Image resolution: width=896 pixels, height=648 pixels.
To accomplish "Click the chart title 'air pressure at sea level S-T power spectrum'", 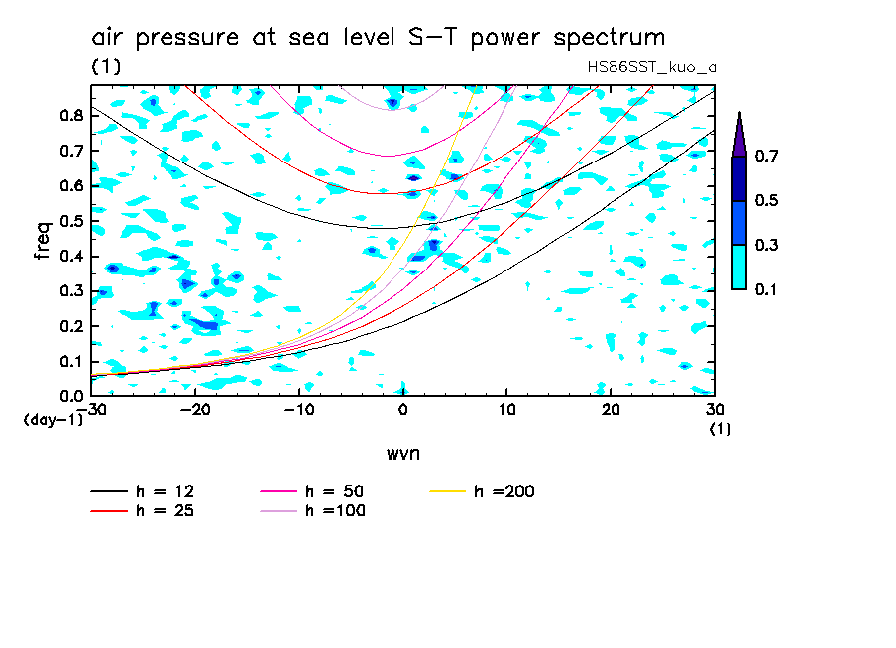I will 379,38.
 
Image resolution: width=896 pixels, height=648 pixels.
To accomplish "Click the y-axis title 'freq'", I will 43,240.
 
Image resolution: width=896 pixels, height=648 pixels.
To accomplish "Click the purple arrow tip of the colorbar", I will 738,129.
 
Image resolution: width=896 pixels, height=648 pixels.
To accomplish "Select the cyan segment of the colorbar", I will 738,267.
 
